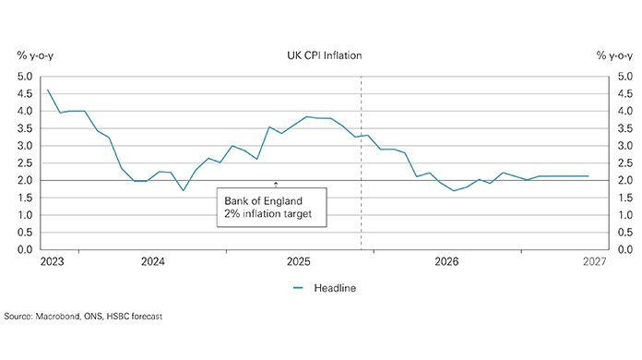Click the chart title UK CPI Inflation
tap(324, 55)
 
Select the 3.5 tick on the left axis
tap(24, 128)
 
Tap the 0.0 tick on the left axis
tap(24, 249)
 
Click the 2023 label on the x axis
tap(53, 263)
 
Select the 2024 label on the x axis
tap(152, 263)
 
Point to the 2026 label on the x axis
tap(447, 263)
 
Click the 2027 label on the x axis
tap(593, 263)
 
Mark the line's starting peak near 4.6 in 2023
tap(47, 90)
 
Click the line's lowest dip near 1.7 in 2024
tap(183, 190)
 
